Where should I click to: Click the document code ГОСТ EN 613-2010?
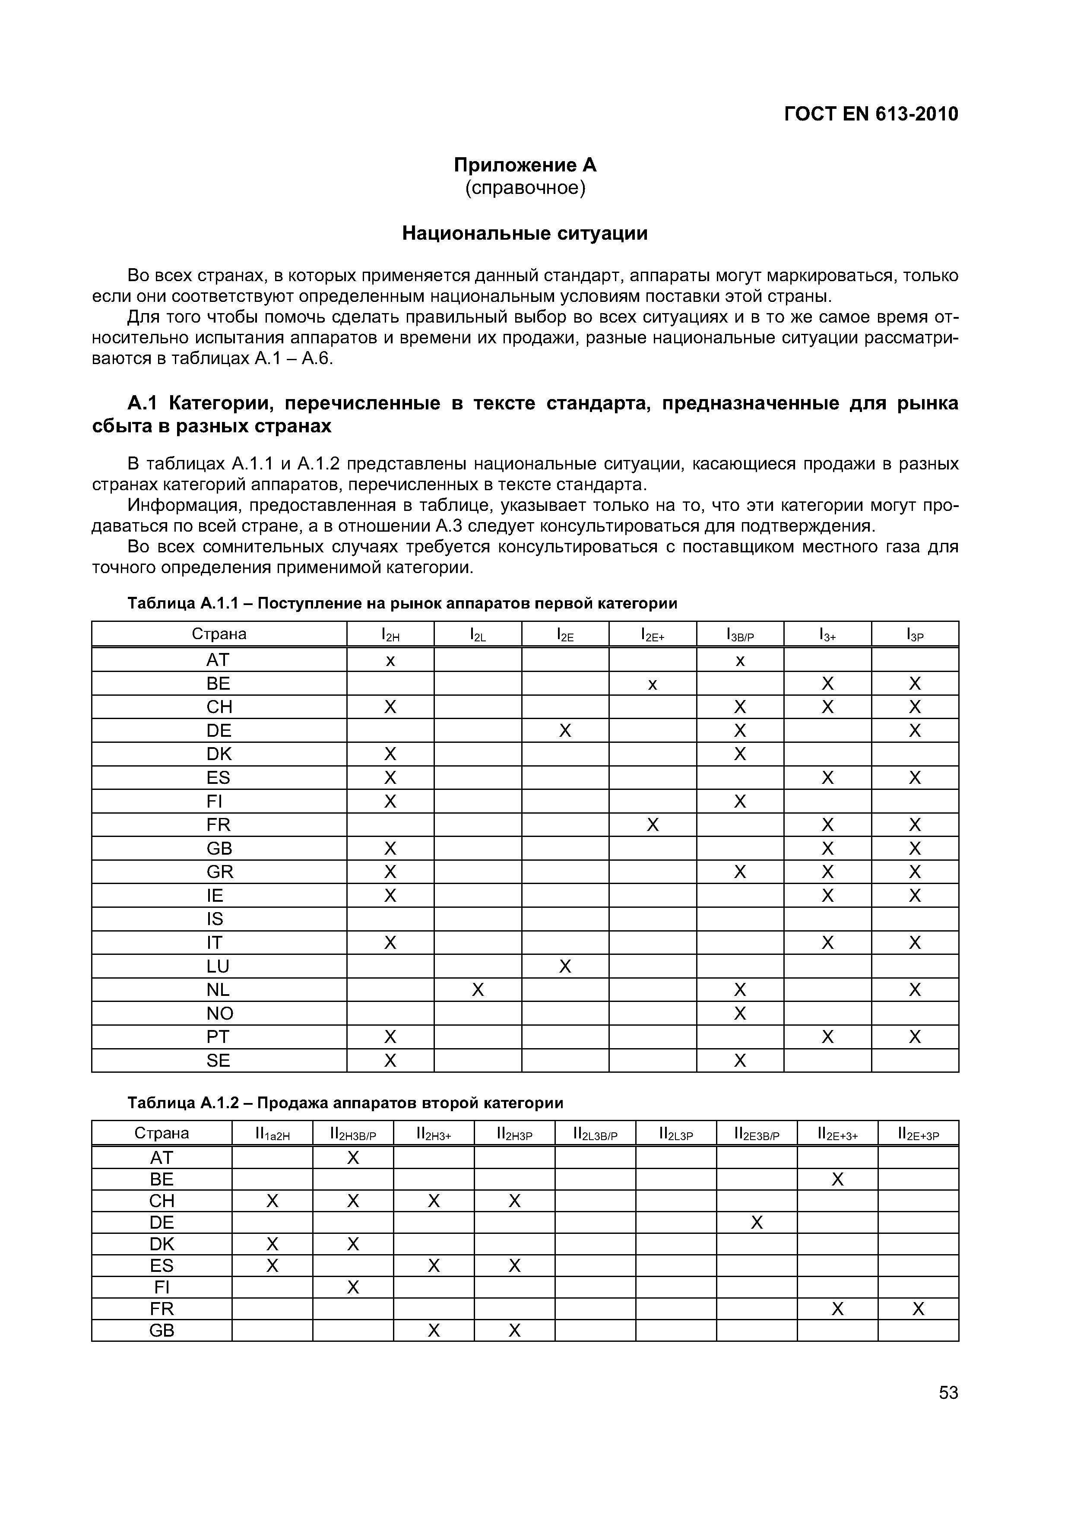pos(870,114)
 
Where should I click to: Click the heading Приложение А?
pos(525,164)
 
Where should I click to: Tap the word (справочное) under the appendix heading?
pos(525,188)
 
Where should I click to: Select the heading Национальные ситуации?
pos(525,233)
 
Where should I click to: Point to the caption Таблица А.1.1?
pos(402,603)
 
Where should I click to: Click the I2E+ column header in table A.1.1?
pos(652,635)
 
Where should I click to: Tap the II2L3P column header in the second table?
pos(676,1134)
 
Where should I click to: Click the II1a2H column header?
pos(272,1134)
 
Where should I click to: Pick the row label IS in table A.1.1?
pos(215,919)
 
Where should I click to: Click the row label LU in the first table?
pos(218,967)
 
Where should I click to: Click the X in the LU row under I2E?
pos(565,967)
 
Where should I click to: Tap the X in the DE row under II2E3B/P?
pos(756,1223)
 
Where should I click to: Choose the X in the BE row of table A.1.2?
pos(837,1179)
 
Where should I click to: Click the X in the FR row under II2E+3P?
pos(918,1309)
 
